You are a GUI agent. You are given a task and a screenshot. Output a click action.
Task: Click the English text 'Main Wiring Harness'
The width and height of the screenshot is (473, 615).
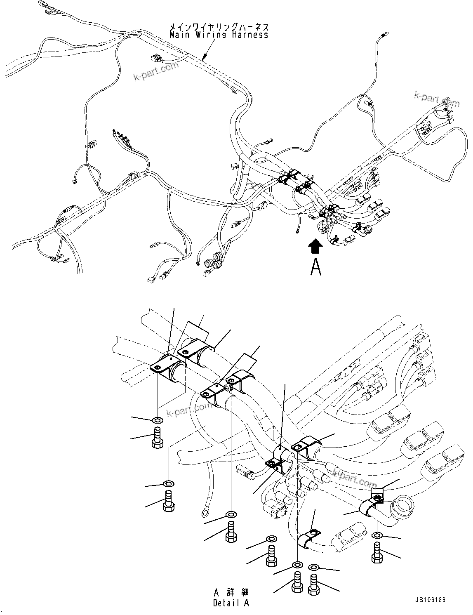tap(219, 35)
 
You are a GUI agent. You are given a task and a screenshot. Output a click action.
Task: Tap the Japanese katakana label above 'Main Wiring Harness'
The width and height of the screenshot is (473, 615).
tap(219, 27)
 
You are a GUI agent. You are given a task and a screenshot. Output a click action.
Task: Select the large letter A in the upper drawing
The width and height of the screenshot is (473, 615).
tap(315, 266)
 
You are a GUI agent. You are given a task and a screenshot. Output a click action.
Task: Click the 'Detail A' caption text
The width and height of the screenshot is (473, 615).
tap(231, 603)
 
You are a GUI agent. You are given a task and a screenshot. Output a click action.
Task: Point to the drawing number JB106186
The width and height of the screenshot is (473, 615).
tap(431, 600)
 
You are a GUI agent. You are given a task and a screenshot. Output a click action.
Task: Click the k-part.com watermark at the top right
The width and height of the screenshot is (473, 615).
tap(437, 99)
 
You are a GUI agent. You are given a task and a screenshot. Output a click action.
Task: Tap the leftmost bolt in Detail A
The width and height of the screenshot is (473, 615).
tap(157, 438)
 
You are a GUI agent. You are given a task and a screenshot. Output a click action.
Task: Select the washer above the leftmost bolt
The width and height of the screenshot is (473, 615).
tap(157, 420)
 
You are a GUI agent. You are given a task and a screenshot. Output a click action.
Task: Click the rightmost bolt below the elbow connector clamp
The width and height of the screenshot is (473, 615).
tap(377, 553)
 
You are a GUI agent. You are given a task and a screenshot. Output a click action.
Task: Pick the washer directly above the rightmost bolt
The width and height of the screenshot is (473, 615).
tap(377, 535)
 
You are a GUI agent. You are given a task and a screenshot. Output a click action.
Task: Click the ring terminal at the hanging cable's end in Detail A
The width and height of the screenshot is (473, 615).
tap(205, 513)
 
